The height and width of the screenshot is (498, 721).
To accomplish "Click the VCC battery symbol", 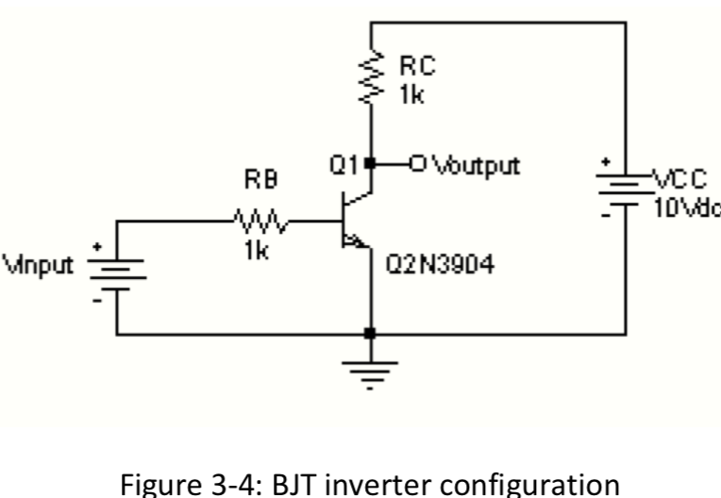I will tap(623, 189).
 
